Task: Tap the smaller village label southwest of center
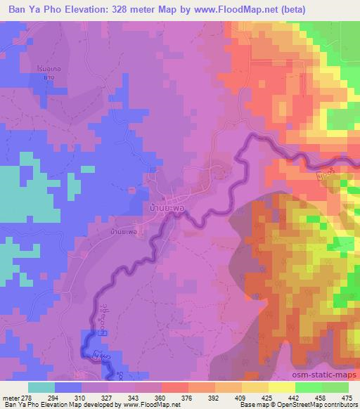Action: [124, 231]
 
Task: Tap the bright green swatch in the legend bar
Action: [309, 387]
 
